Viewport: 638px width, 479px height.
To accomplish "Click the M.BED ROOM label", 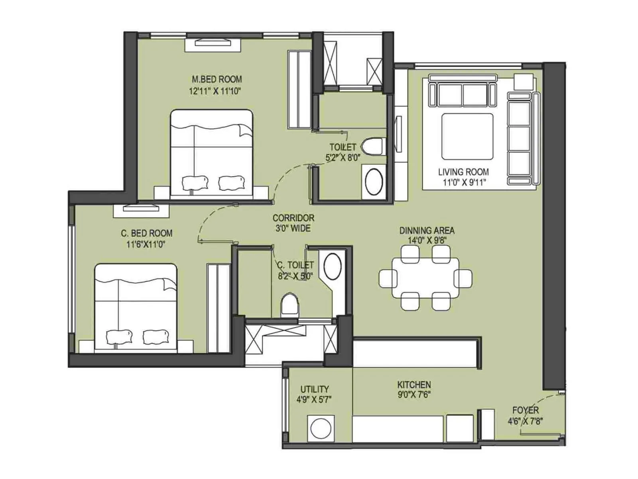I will pyautogui.click(x=217, y=79).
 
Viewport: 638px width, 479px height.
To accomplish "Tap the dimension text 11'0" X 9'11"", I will pyautogui.click(x=463, y=182).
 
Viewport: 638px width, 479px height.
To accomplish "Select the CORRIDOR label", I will pyautogui.click(x=293, y=218).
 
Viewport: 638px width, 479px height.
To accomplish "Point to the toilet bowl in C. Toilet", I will pyautogui.click(x=290, y=305).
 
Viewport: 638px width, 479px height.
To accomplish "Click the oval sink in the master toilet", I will pyautogui.click(x=374, y=182).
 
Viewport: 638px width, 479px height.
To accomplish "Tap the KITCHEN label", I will pyautogui.click(x=414, y=385).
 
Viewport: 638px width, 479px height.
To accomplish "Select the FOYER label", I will pyautogui.click(x=526, y=410).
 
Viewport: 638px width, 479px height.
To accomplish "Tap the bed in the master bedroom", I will pyautogui.click(x=211, y=154).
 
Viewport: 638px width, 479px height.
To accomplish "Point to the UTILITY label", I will pyautogui.click(x=315, y=389).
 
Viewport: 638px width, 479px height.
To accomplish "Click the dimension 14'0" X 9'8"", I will pyautogui.click(x=427, y=240).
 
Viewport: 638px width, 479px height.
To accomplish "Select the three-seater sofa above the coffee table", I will pyautogui.click(x=463, y=94).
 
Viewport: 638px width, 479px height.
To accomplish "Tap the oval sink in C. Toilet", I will pyautogui.click(x=332, y=267).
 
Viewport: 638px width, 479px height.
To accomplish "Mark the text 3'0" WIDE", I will pyautogui.click(x=293, y=228).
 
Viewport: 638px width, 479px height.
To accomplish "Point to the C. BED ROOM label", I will pyautogui.click(x=147, y=233).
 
